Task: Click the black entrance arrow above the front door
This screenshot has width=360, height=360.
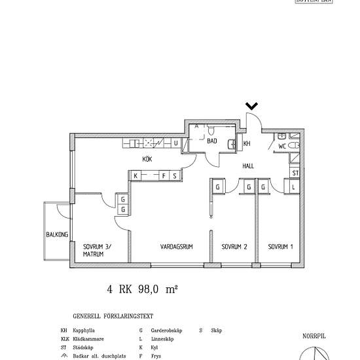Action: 252,105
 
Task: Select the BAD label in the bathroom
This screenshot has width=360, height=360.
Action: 212,141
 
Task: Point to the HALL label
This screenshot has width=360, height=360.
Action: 248,166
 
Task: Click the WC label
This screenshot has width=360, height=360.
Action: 282,146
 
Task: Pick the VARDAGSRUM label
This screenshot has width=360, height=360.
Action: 175,247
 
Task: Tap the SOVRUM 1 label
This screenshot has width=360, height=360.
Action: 280,247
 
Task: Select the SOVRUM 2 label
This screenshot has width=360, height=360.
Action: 234,247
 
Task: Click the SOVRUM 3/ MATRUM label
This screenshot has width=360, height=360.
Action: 97,250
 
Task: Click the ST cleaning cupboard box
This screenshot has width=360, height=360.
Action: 295,173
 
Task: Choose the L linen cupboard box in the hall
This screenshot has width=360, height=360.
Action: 294,187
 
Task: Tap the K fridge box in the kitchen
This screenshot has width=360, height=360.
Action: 135,175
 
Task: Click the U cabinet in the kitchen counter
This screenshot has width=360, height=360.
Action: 175,143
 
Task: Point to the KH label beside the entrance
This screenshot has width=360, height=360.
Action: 247,143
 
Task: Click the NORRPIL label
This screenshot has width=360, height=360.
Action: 314,335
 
